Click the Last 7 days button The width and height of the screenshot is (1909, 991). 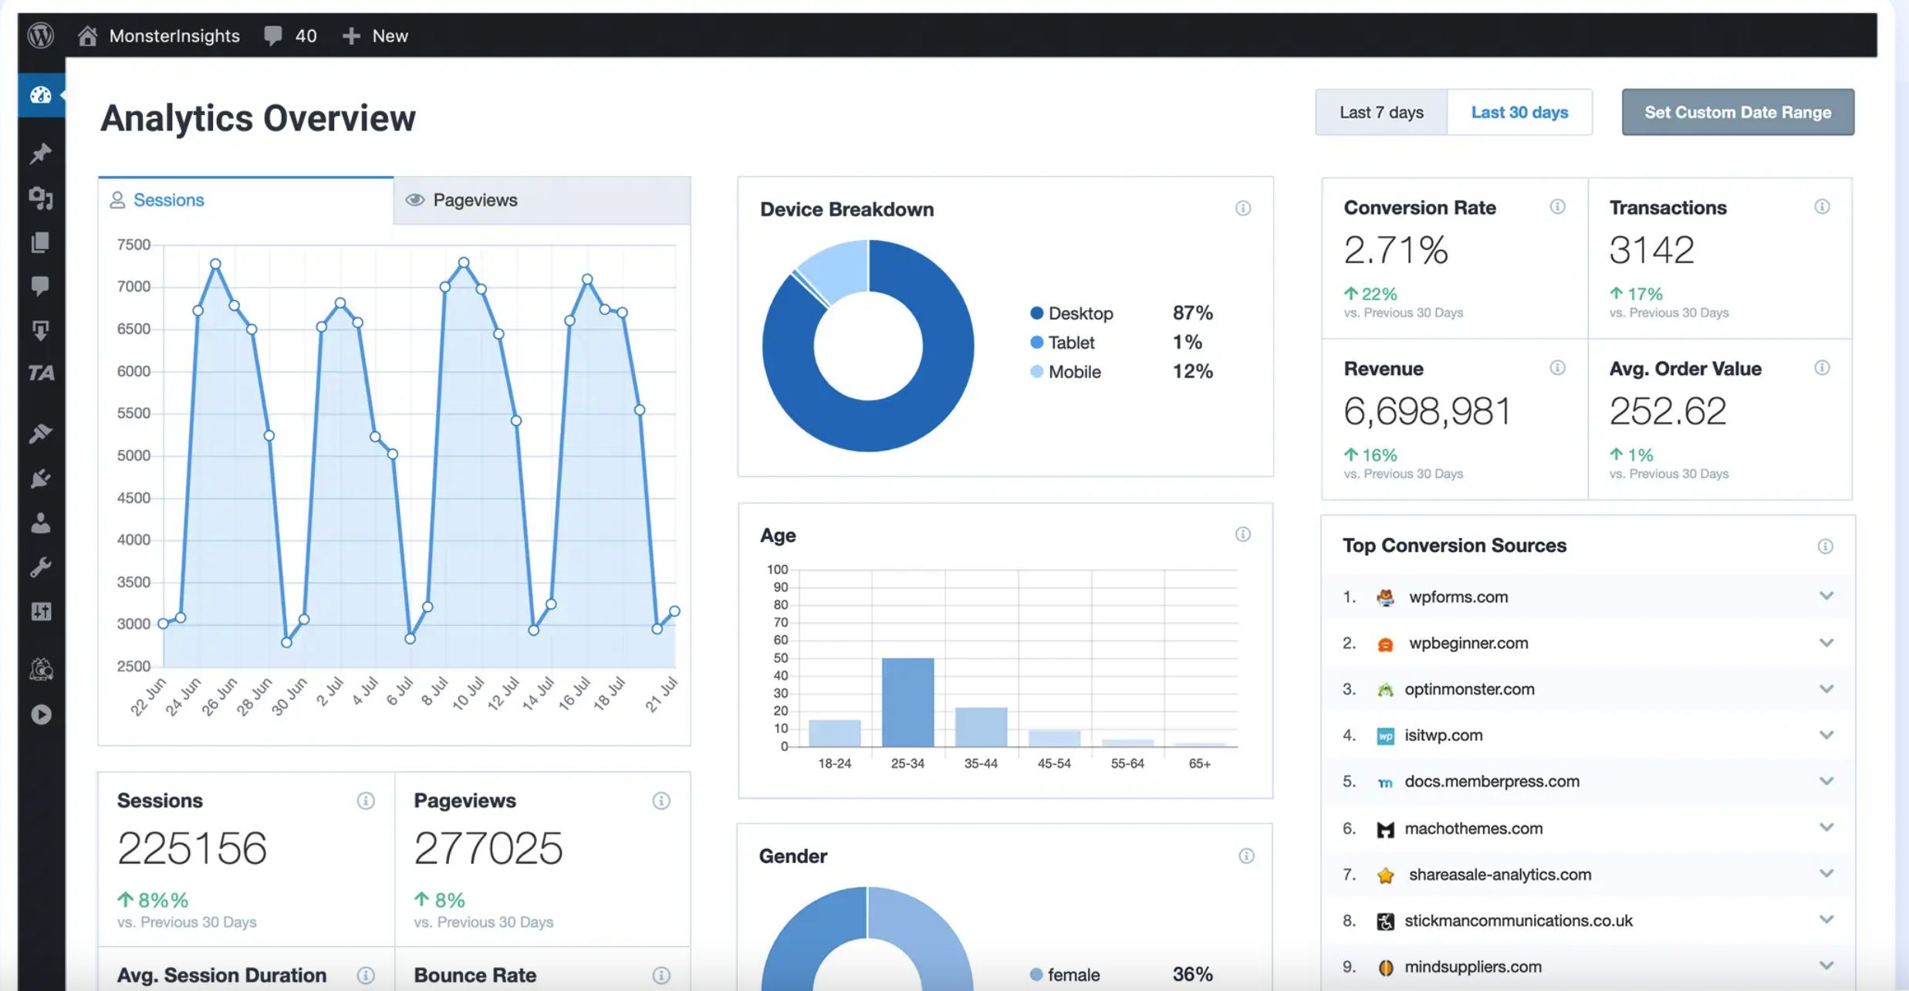pos(1380,113)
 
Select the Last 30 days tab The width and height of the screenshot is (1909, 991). pos(1519,113)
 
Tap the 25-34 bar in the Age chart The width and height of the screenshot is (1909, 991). pos(907,702)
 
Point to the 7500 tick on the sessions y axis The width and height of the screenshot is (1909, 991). pos(133,245)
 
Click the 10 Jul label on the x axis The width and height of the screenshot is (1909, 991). pos(468,693)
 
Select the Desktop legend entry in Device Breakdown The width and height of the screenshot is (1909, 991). pos(1080,313)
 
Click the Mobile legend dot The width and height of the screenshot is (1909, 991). pos(1036,371)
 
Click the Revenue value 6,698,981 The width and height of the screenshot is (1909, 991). pos(1427,411)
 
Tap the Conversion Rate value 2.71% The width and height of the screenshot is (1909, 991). pos(1396,250)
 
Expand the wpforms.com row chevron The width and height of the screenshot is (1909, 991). pos(1826,596)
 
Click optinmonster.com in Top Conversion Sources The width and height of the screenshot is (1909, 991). pos(1468,689)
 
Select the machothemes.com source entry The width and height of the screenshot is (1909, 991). pos(1472,828)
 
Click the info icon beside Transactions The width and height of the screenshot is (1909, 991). pos(1822,207)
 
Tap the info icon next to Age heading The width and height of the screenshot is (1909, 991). pos(1242,534)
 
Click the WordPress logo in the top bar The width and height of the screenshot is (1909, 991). pos(41,36)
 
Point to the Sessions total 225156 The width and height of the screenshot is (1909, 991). pos(192,848)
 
